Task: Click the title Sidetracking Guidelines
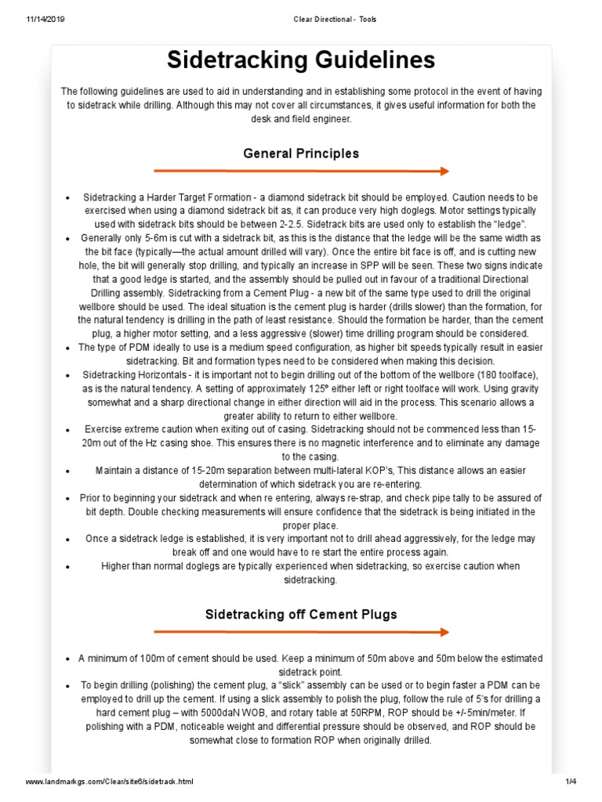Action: (301, 60)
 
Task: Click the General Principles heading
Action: (301, 154)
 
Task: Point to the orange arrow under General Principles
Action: (301, 171)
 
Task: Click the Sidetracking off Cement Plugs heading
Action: (301, 614)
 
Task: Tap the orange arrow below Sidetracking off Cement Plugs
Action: (301, 631)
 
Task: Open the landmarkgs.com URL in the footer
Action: (109, 782)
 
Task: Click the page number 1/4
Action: (571, 782)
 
